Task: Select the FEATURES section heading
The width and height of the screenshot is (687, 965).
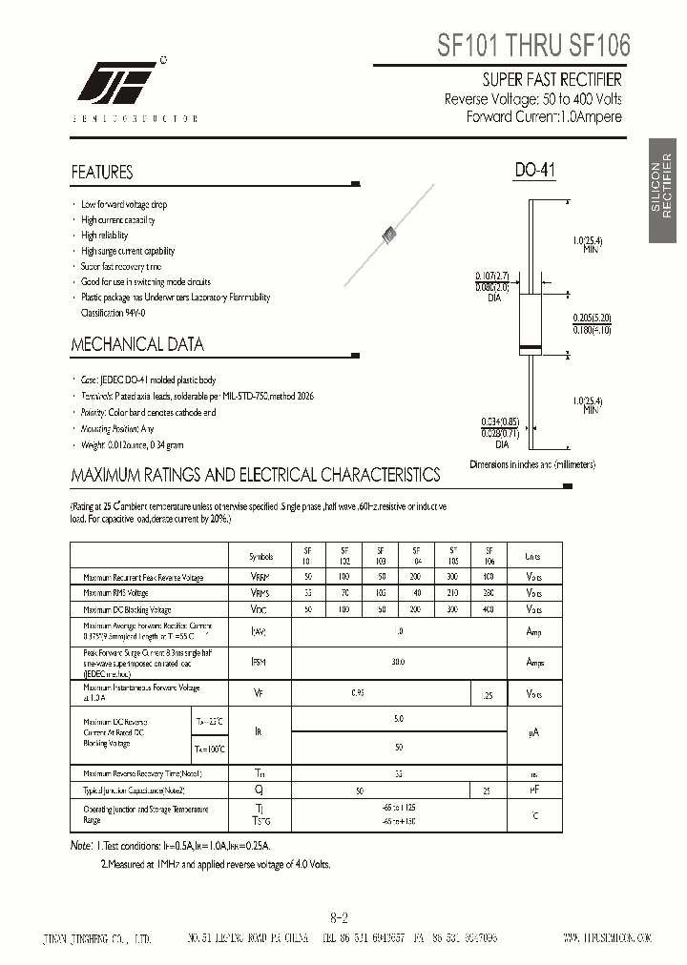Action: coord(102,173)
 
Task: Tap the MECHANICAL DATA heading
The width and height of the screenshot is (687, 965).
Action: coord(137,344)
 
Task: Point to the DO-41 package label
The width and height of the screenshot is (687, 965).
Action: coord(534,171)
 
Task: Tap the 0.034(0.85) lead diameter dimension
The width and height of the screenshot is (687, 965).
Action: coord(501,421)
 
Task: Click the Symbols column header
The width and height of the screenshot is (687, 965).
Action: coord(260,557)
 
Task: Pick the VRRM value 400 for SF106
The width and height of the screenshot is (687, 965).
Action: coord(489,578)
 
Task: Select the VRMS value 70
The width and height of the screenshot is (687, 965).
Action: coord(343,593)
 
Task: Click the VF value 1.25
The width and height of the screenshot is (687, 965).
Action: coord(489,696)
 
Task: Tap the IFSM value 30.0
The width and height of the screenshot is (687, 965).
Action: coord(398,661)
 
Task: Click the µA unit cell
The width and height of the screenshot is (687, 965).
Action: coord(533,731)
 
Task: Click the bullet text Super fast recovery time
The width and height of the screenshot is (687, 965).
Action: coord(121,266)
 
